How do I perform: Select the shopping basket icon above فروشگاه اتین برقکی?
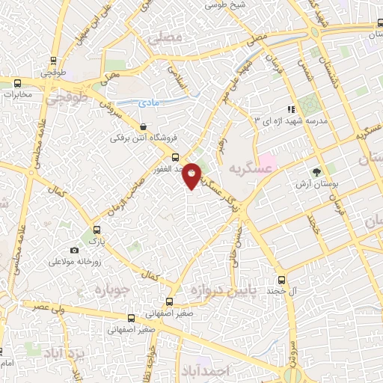click(143, 126)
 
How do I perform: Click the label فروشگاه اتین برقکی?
click(137, 138)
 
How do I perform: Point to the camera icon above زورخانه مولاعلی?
click(73, 250)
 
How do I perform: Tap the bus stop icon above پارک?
click(95, 230)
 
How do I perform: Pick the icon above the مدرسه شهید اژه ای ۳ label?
click(291, 109)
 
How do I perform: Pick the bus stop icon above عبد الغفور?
click(175, 158)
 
